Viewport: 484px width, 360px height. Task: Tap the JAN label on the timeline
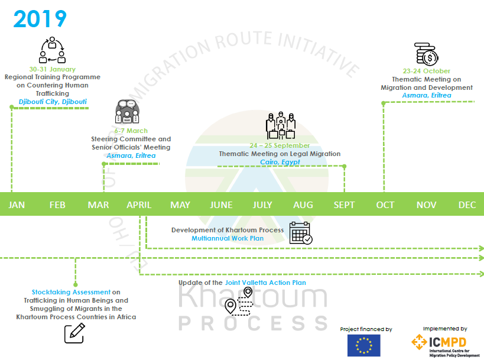click(x=17, y=205)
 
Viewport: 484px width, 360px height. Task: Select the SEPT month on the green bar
click(x=344, y=205)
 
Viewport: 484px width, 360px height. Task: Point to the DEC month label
click(x=467, y=205)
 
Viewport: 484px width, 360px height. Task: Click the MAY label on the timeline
click(x=180, y=205)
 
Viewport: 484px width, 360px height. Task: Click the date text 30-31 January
click(x=53, y=69)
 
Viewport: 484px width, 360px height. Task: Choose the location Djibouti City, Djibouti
click(x=53, y=102)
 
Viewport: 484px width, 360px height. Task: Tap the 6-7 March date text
click(x=131, y=131)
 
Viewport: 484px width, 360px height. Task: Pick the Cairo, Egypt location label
click(x=280, y=162)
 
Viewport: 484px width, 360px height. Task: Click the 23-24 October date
click(x=427, y=72)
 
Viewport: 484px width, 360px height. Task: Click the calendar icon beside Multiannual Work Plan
click(x=301, y=233)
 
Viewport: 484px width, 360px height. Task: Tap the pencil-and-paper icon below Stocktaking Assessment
click(x=74, y=333)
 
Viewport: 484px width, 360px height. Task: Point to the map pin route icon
click(x=239, y=301)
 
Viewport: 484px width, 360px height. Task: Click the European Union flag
click(x=363, y=345)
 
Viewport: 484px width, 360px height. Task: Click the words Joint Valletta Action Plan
click(x=265, y=283)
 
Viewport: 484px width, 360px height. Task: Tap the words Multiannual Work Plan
click(x=228, y=238)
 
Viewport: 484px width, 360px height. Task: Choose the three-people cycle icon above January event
click(x=52, y=50)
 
